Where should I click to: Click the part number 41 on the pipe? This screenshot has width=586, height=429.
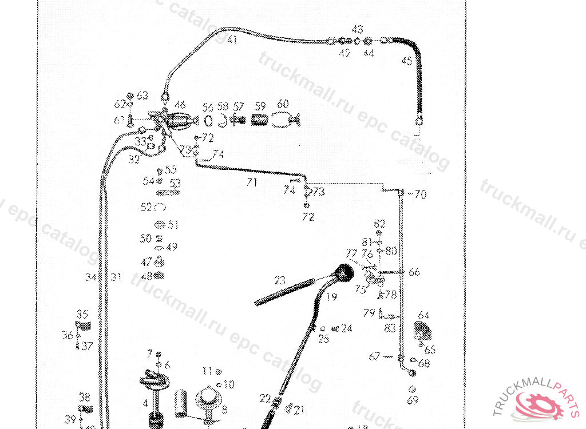[232, 39]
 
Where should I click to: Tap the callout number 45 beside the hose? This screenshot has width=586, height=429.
[406, 61]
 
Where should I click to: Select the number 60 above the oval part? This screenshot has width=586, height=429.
[283, 104]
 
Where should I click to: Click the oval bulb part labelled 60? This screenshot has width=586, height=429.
[284, 121]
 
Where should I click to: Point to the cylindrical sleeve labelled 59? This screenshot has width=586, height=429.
[260, 121]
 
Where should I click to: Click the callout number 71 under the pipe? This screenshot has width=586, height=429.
[251, 183]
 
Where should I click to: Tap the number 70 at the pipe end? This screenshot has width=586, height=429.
[420, 194]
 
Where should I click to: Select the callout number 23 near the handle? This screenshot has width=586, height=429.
[279, 280]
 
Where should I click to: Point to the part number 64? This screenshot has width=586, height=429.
[424, 315]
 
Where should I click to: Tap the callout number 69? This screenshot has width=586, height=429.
[413, 401]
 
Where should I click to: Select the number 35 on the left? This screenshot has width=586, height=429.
[82, 314]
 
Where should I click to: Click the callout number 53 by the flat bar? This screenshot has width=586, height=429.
[175, 183]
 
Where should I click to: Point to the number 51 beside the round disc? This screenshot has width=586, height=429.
[173, 225]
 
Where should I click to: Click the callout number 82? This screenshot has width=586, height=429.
[380, 223]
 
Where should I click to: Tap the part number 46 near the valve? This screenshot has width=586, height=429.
[180, 105]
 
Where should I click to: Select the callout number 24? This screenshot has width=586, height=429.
[347, 328]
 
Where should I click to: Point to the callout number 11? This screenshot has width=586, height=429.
[207, 371]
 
